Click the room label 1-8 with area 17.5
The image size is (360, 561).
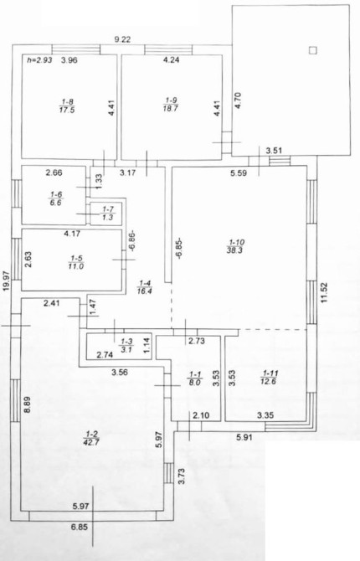click(x=67, y=106)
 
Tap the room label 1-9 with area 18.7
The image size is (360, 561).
click(x=171, y=105)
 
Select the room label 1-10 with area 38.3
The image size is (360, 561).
click(x=234, y=246)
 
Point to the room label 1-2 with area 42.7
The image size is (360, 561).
click(x=91, y=438)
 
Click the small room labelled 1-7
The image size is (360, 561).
click(x=107, y=214)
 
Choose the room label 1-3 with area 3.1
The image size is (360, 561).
click(x=126, y=346)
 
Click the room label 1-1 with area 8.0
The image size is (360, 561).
click(x=195, y=378)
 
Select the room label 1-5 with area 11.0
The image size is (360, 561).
click(x=76, y=262)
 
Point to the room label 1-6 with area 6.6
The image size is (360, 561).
click(x=56, y=198)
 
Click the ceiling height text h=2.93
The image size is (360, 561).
click(x=39, y=60)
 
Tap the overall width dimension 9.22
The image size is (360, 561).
click(x=122, y=39)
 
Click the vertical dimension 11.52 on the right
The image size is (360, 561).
click(x=324, y=292)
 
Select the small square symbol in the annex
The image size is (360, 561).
click(x=313, y=50)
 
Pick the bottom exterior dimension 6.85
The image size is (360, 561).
click(x=80, y=527)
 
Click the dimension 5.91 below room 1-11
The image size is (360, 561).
click(x=244, y=437)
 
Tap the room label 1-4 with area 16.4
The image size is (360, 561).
click(x=145, y=287)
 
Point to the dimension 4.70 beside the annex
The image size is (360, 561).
click(x=239, y=100)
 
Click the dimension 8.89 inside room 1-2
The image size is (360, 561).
click(x=27, y=405)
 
